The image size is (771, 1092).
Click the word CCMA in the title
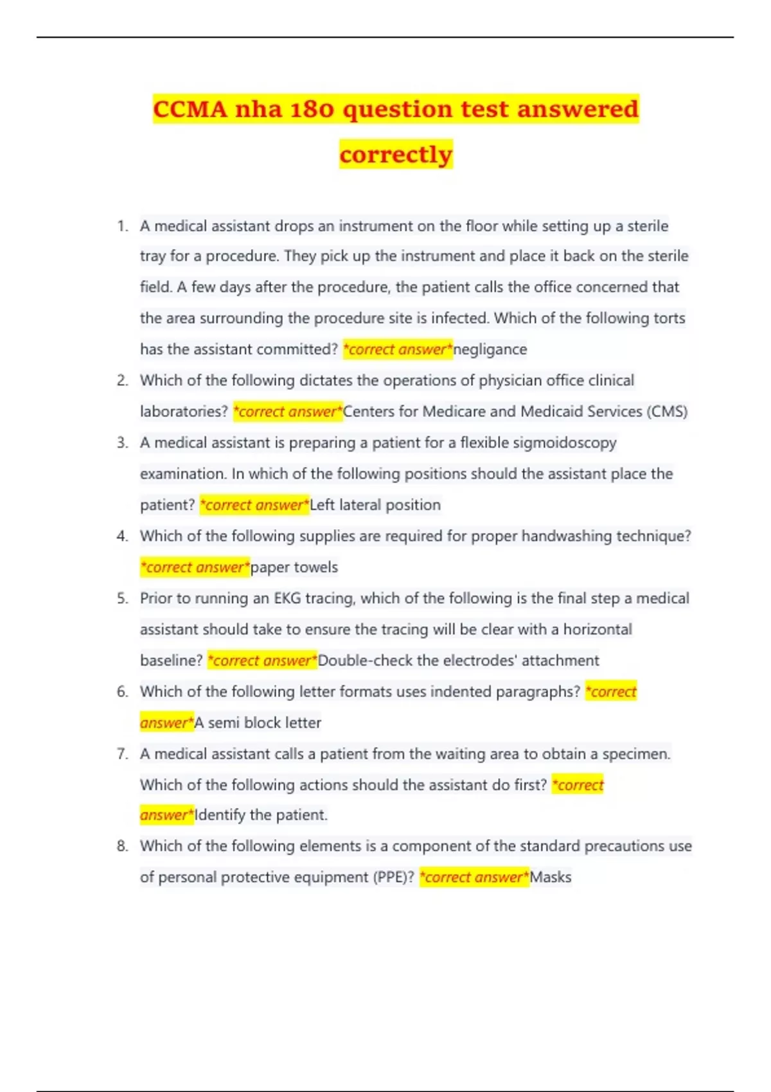click(190, 109)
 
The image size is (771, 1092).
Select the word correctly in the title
click(396, 155)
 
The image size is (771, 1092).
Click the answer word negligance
click(490, 349)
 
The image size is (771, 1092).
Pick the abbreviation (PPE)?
click(393, 877)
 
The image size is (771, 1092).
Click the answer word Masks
click(551, 877)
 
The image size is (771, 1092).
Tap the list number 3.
click(122, 443)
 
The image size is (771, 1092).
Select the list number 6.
click(122, 692)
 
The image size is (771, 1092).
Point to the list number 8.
click(122, 847)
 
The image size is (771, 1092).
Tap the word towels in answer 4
click(315, 567)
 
